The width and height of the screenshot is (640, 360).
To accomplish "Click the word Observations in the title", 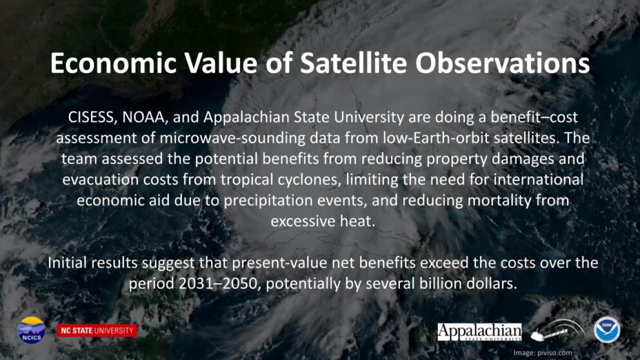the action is (503, 63).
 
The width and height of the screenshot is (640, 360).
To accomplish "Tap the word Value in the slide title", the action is (221, 63).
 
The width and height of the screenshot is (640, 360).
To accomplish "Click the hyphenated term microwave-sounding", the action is (232, 138).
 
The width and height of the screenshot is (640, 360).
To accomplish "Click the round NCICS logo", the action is (32, 330).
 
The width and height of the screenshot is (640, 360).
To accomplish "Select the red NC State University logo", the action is (97, 330).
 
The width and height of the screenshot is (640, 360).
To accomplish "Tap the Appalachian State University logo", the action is (479, 332).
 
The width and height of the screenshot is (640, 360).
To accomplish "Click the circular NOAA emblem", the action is (607, 330).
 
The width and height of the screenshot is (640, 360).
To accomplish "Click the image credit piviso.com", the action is (554, 353).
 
